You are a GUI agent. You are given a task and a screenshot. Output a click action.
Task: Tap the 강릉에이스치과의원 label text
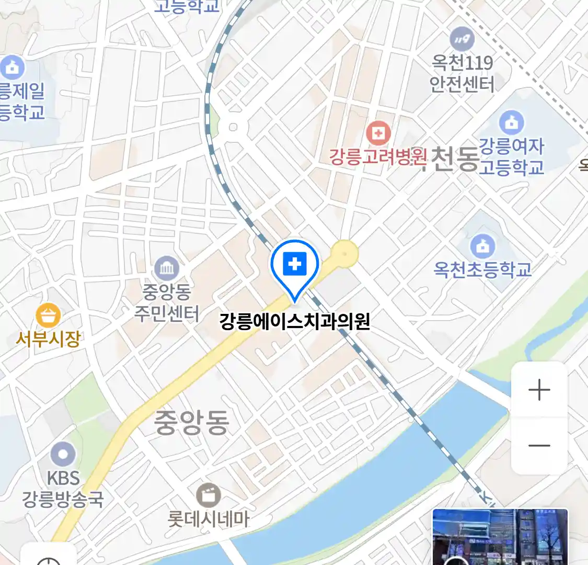click(x=295, y=321)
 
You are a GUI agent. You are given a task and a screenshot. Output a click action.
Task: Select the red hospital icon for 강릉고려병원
click(x=378, y=133)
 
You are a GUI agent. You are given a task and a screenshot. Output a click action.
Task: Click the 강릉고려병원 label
click(x=378, y=156)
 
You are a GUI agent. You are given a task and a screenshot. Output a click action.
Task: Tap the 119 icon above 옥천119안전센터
click(x=462, y=39)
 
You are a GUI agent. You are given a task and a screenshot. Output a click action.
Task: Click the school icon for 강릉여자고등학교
click(x=511, y=122)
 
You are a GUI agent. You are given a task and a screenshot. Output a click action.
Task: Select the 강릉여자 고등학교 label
click(x=511, y=156)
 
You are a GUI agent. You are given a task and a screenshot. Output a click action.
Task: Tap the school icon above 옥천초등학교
click(x=482, y=245)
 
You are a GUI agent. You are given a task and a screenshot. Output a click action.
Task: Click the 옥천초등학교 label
click(x=482, y=269)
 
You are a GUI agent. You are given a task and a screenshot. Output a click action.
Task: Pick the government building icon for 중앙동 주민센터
click(x=167, y=269)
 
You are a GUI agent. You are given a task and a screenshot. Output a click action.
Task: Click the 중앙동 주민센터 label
click(x=167, y=302)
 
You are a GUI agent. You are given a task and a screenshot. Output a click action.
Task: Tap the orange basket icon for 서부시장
click(x=48, y=315)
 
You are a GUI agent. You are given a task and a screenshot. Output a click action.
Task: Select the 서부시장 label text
click(x=48, y=339)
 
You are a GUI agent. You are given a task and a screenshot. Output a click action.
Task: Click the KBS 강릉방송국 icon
click(x=63, y=454)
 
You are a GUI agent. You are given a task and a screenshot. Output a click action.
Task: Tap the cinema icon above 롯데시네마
click(x=209, y=495)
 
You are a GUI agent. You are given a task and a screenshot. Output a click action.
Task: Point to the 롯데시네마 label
click(x=209, y=518)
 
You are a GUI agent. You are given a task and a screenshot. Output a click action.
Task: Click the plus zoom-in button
click(x=539, y=390)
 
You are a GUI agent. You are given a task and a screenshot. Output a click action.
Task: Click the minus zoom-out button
click(x=539, y=446)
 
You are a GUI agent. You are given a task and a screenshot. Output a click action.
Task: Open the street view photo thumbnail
click(x=500, y=537)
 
